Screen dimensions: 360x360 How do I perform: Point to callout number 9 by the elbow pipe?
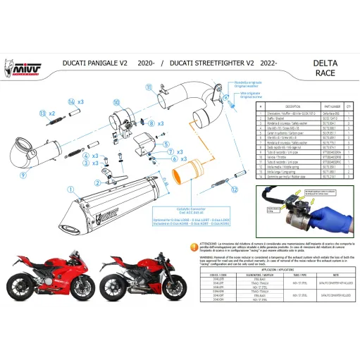[x=22, y=175]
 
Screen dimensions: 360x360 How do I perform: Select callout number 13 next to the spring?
[x=43, y=113]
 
